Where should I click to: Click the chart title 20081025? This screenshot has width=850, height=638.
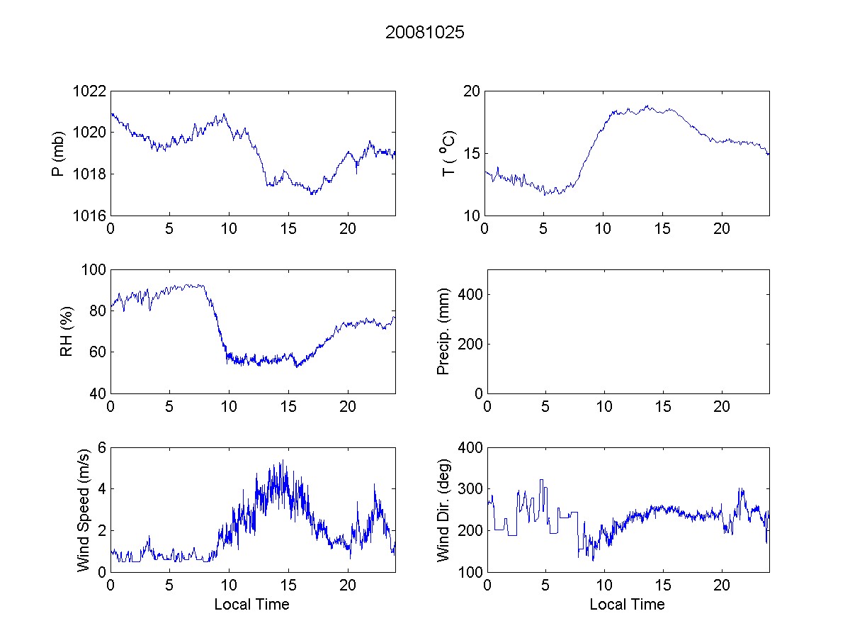pyautogui.click(x=425, y=33)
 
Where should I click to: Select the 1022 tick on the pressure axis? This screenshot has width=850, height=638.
pyautogui.click(x=91, y=91)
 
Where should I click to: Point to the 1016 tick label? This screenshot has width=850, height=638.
pyautogui.click(x=91, y=216)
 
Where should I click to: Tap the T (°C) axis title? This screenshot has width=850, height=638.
pyautogui.click(x=448, y=153)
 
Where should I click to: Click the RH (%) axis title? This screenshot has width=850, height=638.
pyautogui.click(x=67, y=331)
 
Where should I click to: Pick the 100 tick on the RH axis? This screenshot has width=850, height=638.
pyautogui.click(x=95, y=270)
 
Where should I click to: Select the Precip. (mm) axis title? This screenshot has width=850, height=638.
pyautogui.click(x=443, y=331)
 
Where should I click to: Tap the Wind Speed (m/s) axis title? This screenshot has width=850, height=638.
pyautogui.click(x=84, y=509)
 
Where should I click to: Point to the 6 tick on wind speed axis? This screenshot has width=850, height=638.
pyautogui.click(x=102, y=447)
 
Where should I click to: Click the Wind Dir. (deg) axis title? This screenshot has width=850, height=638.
pyautogui.click(x=443, y=509)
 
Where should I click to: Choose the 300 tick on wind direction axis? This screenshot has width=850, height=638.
pyautogui.click(x=471, y=489)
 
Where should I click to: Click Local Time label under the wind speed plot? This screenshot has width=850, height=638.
pyautogui.click(x=251, y=605)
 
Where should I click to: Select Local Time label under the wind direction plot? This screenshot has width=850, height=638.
pyautogui.click(x=627, y=605)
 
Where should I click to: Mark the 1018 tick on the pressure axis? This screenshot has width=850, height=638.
pyautogui.click(x=91, y=174)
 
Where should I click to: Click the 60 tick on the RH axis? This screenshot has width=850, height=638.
pyautogui.click(x=98, y=352)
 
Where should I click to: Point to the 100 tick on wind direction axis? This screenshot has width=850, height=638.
pyautogui.click(x=471, y=572)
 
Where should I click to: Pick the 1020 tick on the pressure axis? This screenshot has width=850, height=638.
pyautogui.click(x=91, y=133)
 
